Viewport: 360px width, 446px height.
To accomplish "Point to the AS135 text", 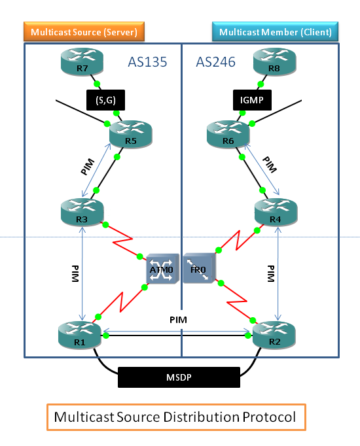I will coord(149,62).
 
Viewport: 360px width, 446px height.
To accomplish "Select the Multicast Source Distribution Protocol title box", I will coord(175,417).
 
